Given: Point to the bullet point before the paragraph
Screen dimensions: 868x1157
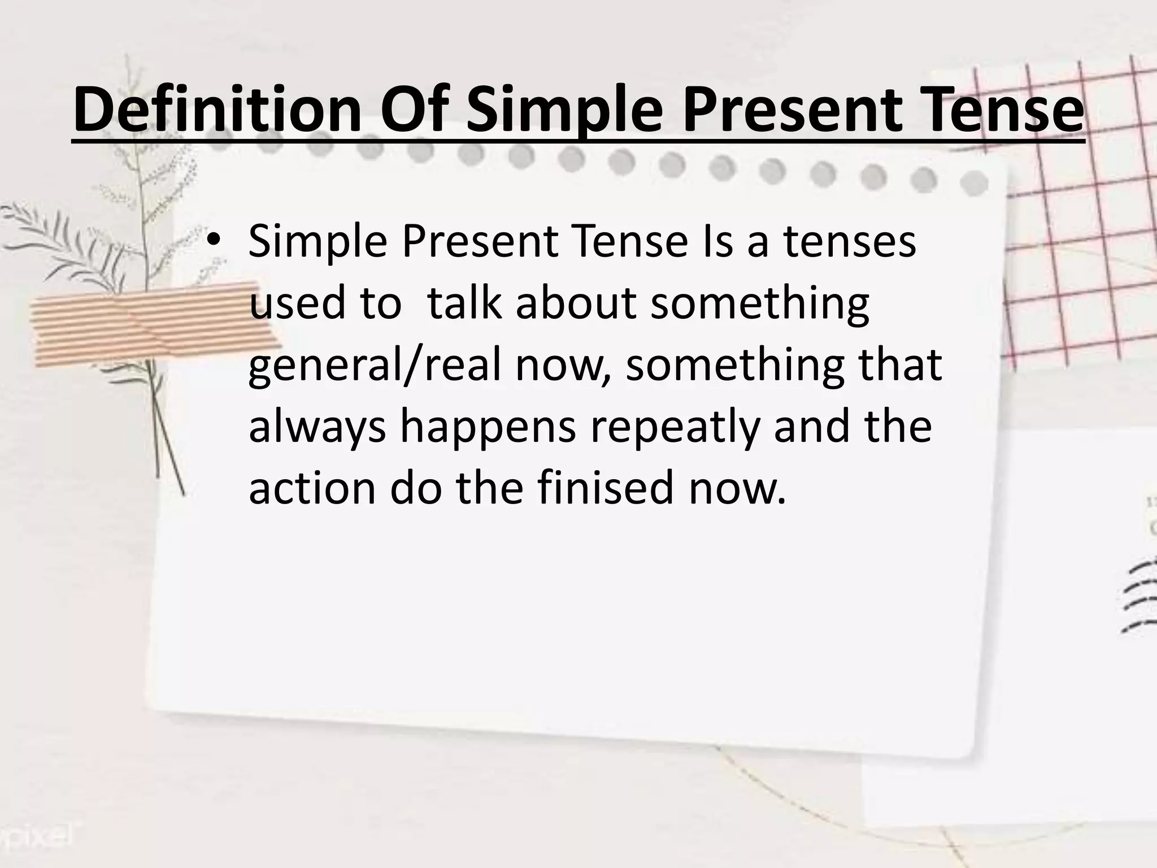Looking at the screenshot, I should pos(215,242).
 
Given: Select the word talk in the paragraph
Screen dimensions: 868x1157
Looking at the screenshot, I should pos(464,303).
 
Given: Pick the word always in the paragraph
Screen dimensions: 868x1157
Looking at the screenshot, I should pos(317,427).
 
